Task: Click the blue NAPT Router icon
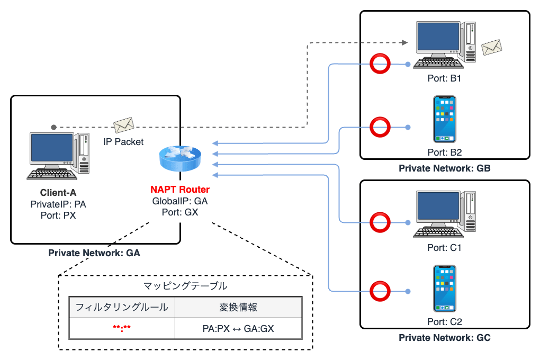[180, 157]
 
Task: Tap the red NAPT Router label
[180, 190]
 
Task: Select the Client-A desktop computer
[58, 156]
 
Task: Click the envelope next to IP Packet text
[123, 125]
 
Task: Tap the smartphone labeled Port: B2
[444, 119]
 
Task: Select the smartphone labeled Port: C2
[444, 289]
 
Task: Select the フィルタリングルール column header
[122, 307]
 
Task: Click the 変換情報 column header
[238, 307]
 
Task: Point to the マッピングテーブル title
[185, 286]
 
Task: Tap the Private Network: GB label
[445, 169]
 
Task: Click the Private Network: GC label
[445, 338]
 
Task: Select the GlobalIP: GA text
[180, 201]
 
